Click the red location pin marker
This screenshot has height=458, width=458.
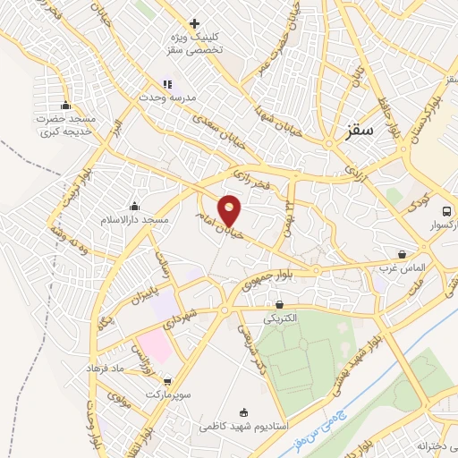230,210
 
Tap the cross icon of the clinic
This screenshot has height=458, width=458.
194,23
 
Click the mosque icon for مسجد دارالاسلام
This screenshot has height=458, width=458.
134,207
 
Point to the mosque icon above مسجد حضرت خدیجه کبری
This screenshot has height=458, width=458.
64,106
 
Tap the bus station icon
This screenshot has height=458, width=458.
446,211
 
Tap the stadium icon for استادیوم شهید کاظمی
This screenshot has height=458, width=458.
245,411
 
